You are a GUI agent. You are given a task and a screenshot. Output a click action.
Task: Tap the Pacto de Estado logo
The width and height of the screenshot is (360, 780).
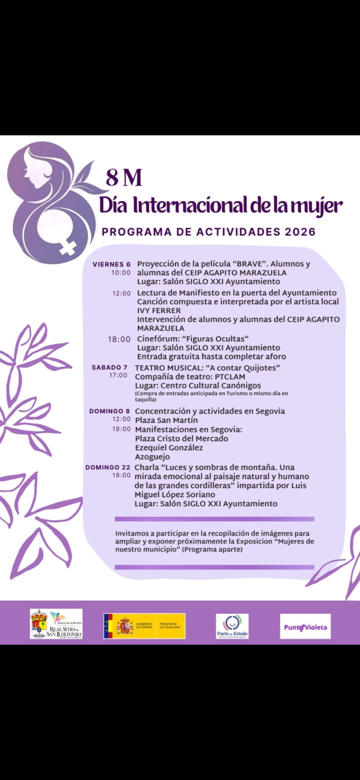[x=232, y=626]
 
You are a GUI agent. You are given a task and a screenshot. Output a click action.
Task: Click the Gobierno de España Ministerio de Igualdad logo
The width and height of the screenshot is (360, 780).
[x=144, y=626]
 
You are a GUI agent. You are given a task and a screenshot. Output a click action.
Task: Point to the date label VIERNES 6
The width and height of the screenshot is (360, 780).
[x=112, y=264]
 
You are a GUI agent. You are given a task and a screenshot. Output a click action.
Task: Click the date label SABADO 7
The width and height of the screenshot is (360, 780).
[x=109, y=368]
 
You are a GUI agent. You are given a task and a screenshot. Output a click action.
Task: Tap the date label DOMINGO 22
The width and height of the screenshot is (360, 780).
[x=108, y=467]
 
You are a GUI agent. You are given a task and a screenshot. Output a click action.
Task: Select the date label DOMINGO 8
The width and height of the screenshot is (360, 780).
[x=109, y=411]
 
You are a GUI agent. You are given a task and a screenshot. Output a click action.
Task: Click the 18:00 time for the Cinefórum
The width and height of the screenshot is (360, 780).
[x=119, y=339]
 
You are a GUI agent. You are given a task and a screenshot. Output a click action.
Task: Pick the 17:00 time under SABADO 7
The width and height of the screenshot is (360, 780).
[x=118, y=376]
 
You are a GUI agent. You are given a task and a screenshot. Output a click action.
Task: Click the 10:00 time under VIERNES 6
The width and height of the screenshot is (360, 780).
[x=121, y=273]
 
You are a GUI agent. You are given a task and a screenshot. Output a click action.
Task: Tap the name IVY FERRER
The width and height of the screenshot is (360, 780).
[x=159, y=310]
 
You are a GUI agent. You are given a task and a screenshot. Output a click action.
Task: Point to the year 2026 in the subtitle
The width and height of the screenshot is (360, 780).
[x=299, y=232]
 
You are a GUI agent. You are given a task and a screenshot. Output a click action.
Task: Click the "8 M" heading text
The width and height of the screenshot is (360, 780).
[x=124, y=178]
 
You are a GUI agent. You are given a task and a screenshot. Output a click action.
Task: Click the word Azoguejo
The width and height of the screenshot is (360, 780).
[x=152, y=457]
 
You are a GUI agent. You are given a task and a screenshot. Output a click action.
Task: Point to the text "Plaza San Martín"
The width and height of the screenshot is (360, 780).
[x=166, y=420]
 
